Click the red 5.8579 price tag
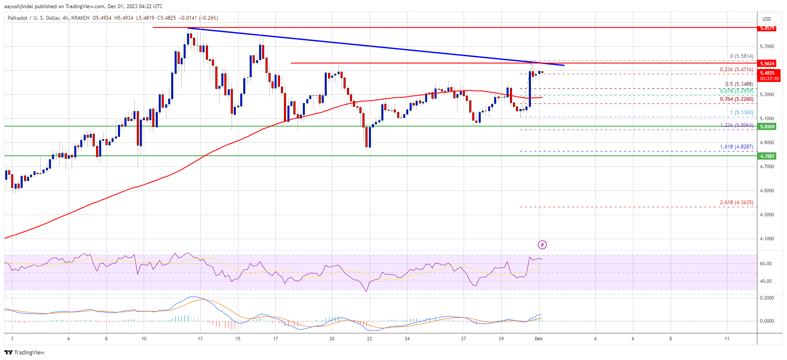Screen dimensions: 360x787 point(767,28)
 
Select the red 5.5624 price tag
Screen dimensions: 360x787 point(767,64)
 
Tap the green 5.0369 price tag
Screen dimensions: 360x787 point(767,127)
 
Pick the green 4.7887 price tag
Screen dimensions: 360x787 point(767,156)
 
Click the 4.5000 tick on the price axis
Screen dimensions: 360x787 point(767,191)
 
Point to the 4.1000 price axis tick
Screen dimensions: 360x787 point(767,239)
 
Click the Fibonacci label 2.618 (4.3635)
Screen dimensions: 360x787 point(736,203)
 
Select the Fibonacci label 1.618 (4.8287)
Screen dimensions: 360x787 point(736,147)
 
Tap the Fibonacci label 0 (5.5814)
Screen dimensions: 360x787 point(742,56)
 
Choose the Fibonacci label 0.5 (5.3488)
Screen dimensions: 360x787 point(739,84)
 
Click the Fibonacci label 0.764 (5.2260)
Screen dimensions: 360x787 point(736,99)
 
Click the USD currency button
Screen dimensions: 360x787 point(766,19)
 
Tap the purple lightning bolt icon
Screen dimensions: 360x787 point(543,245)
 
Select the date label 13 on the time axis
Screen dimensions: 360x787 point(200,339)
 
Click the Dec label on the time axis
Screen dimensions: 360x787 point(539,339)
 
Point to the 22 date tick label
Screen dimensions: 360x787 point(369,339)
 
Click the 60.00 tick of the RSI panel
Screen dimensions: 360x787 point(766,263)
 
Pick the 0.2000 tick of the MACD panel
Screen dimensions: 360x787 point(767,298)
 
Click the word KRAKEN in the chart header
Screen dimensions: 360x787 point(81,18)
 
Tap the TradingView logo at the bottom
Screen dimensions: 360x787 point(25,352)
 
